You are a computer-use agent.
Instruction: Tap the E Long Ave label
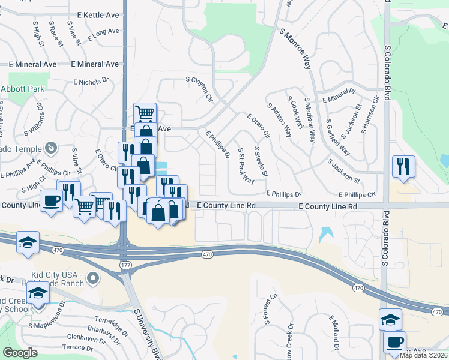104,35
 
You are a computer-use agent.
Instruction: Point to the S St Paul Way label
246,165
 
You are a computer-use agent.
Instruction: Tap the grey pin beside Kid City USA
92,277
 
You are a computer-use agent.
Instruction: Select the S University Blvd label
148,333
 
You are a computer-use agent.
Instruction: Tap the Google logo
20,353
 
